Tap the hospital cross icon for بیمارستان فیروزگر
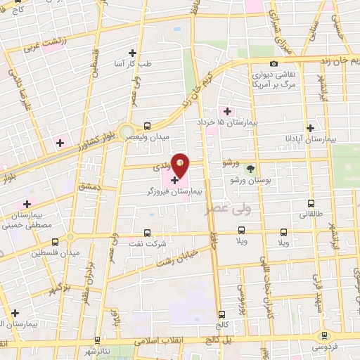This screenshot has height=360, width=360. coord(174,181)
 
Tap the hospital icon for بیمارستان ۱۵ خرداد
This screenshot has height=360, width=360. coord(226,110)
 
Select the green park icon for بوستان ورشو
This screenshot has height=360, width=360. coord(250,168)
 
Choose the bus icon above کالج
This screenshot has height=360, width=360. coord(222,314)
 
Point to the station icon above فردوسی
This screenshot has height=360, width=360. coord(324,335)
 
